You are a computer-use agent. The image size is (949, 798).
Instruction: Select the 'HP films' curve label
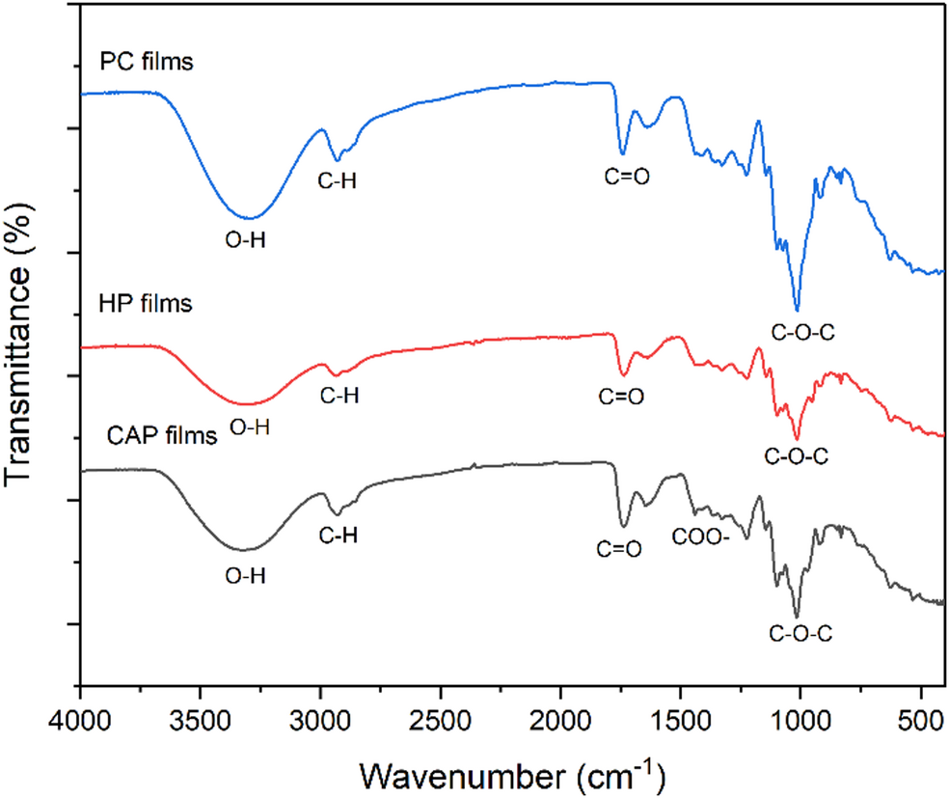(x=147, y=304)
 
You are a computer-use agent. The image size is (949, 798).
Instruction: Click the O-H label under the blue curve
(x=246, y=242)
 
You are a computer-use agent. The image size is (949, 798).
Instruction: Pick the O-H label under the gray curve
(x=246, y=576)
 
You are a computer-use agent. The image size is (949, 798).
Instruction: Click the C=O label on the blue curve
(x=624, y=177)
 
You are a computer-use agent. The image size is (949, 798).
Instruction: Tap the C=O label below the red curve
(x=620, y=396)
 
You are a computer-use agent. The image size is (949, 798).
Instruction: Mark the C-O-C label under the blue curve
(x=801, y=334)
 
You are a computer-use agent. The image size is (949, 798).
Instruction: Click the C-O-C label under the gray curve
(x=800, y=634)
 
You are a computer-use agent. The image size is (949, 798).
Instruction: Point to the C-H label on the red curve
(x=339, y=395)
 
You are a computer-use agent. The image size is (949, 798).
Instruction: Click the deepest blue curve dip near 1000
(x=797, y=310)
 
